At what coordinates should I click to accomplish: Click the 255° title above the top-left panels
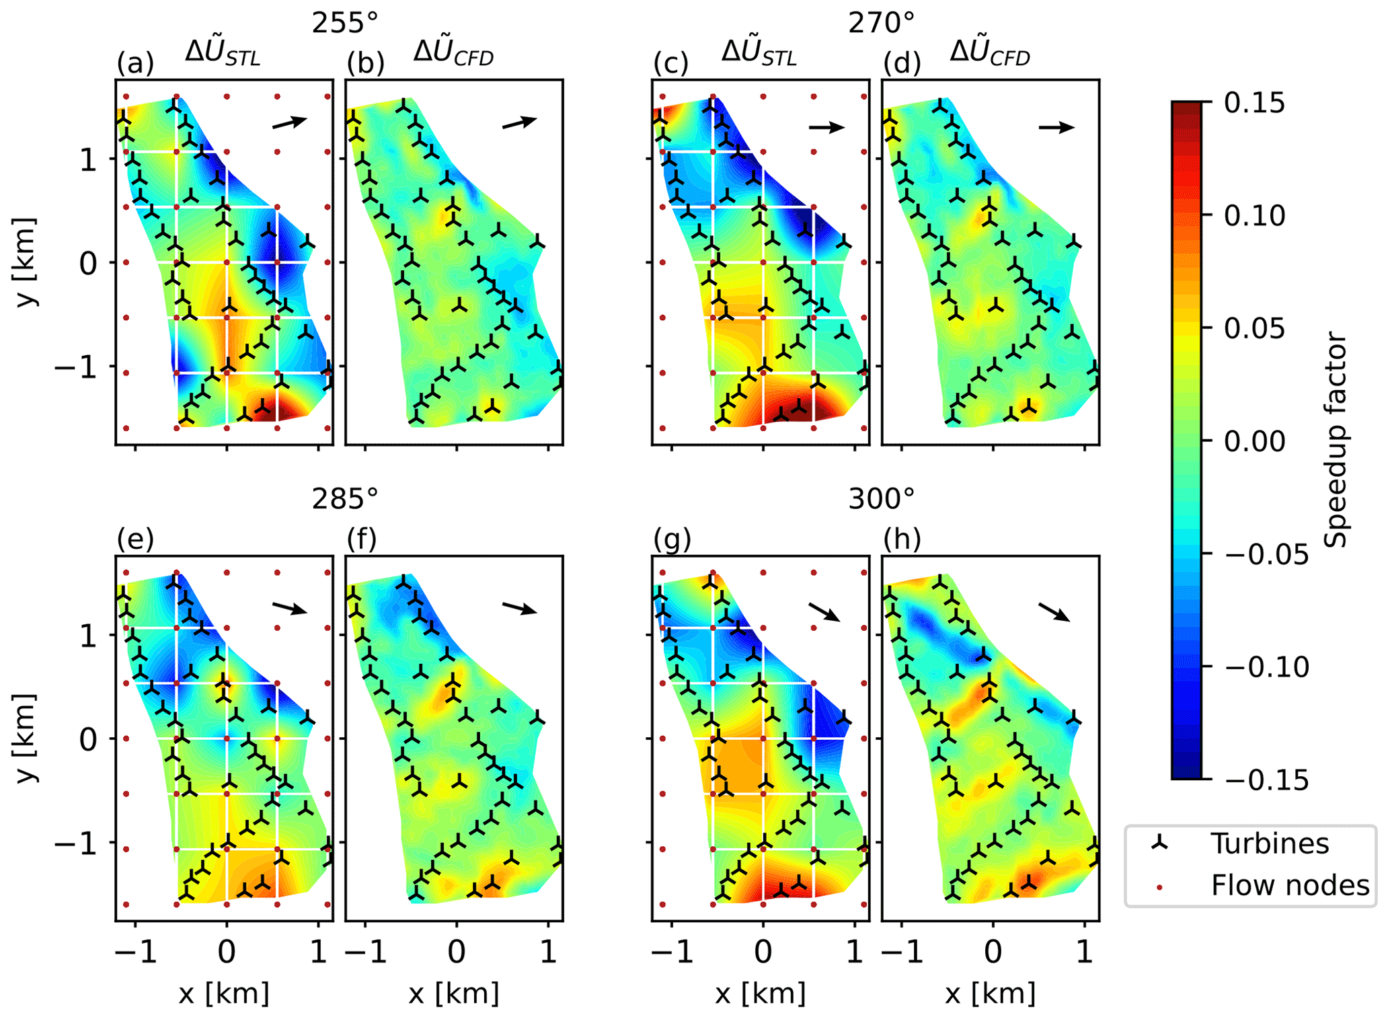click(345, 24)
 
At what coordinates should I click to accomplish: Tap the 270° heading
click(882, 24)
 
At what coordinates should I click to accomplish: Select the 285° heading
click(345, 499)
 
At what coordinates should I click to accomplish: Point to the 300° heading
click(882, 499)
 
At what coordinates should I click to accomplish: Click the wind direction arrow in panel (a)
click(290, 122)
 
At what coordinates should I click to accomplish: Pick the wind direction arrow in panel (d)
click(1056, 126)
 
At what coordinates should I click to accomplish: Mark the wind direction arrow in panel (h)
click(1054, 611)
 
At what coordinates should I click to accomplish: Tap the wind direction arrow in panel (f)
click(520, 608)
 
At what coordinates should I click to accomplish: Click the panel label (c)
click(670, 63)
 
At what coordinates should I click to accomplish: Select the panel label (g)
click(672, 539)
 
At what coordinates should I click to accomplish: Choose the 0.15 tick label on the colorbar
click(1254, 103)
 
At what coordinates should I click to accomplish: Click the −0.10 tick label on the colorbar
click(1267, 667)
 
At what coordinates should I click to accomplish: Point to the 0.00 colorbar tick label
click(1254, 441)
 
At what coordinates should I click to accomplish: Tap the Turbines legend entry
click(1270, 843)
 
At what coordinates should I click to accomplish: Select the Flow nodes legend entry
click(1290, 885)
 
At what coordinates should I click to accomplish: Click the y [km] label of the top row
click(27, 262)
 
